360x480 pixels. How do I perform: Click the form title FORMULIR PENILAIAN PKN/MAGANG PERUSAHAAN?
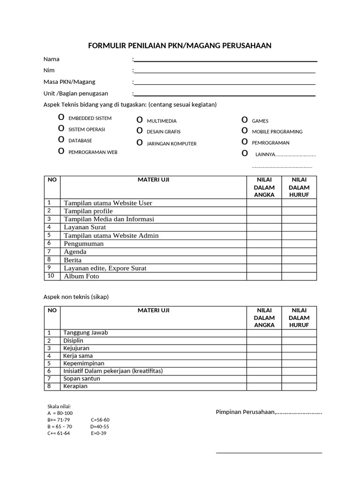point(180,45)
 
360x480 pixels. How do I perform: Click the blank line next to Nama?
point(225,60)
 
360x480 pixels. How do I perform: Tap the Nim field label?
point(49,70)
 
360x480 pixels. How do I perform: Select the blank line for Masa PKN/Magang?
point(225,83)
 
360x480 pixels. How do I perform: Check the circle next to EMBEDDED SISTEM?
point(61,117)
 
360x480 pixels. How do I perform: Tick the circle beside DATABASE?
point(61,140)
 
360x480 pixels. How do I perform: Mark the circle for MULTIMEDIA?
point(139,120)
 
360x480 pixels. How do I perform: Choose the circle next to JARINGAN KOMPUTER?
point(139,142)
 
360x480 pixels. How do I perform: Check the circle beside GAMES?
point(244,120)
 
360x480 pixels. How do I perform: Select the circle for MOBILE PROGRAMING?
point(244,131)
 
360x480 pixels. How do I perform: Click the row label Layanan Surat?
point(85,227)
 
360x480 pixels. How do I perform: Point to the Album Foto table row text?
point(82,277)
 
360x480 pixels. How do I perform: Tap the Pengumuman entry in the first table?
point(84,244)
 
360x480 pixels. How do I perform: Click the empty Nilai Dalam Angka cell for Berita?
point(264,260)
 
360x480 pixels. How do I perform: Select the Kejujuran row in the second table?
point(76,348)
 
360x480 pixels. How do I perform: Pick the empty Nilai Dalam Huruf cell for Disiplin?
point(299,341)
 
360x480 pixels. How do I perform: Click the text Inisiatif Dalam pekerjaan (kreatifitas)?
point(113,371)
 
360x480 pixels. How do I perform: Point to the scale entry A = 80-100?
point(60,413)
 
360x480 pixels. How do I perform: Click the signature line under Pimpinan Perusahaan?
point(269,452)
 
